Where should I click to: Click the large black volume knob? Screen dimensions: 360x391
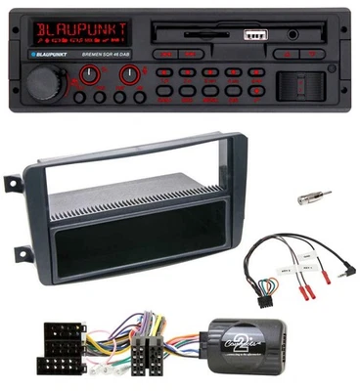45,82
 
